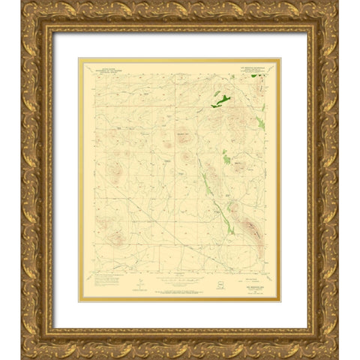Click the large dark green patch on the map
click(221, 97)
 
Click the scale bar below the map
click(180, 282)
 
